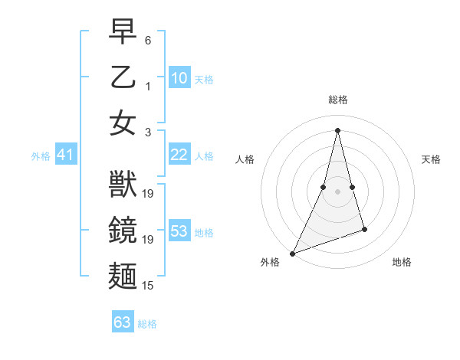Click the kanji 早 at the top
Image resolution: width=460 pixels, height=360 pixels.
click(123, 33)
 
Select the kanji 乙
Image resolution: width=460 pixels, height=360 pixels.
click(123, 78)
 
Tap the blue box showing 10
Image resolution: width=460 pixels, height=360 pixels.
click(179, 78)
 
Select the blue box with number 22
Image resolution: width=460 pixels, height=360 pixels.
click(179, 155)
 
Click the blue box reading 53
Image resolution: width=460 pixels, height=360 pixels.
click(179, 231)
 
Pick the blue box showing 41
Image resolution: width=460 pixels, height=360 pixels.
click(65, 155)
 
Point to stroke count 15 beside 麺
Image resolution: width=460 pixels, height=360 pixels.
click(149, 286)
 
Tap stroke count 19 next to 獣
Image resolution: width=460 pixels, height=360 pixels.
click(149, 194)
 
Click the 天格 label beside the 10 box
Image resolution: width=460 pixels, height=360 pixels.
click(204, 80)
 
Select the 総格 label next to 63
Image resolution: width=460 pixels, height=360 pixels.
click(147, 324)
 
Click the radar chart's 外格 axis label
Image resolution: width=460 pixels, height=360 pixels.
click(270, 263)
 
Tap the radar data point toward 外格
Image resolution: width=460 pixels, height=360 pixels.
click(293, 253)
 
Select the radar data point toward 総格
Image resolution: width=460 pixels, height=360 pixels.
click(337, 129)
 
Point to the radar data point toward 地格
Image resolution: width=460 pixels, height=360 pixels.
click(364, 229)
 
